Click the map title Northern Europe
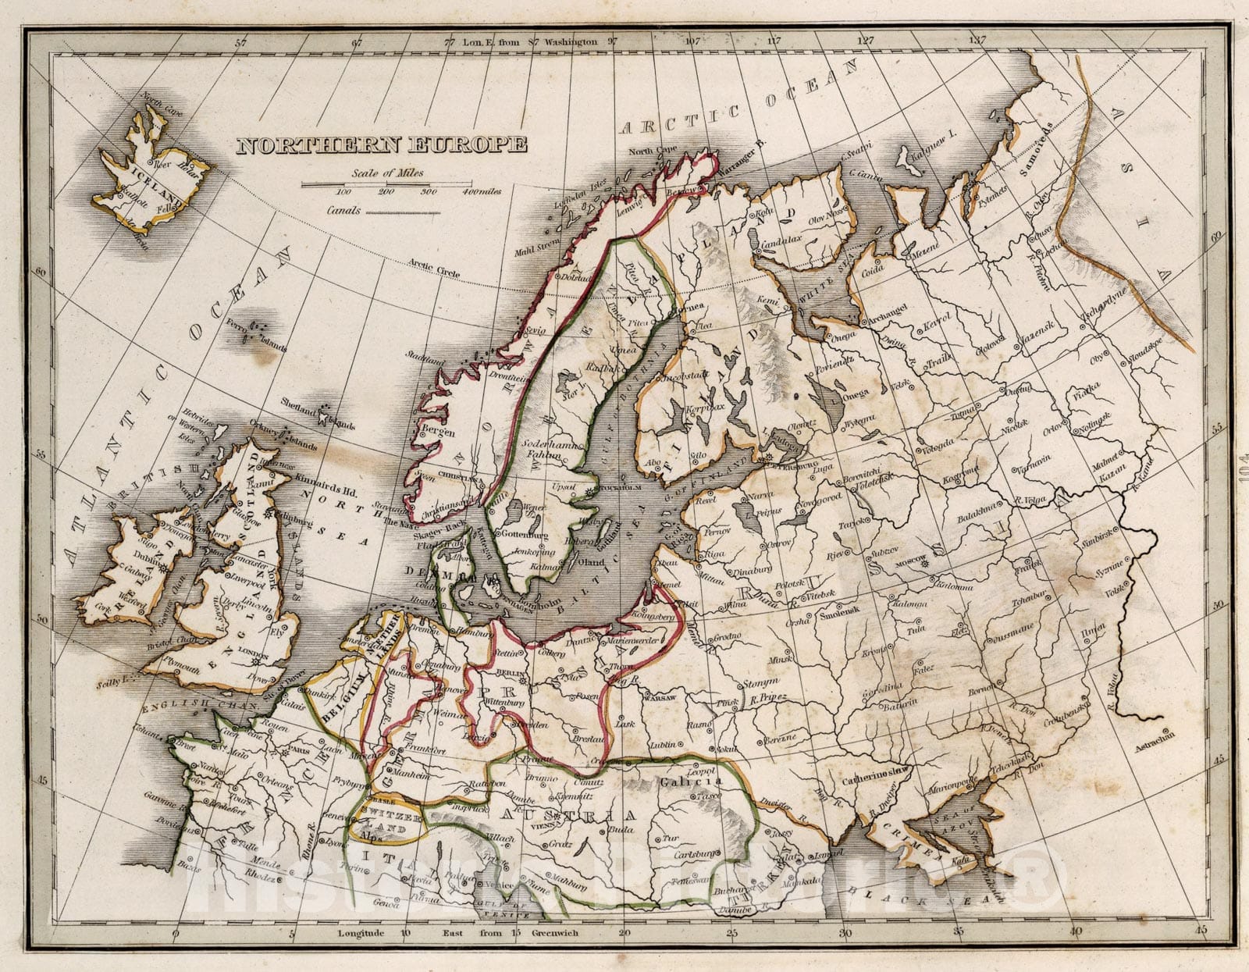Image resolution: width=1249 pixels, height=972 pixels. click(x=382, y=145)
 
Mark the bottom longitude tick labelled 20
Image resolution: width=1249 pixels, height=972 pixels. click(x=623, y=933)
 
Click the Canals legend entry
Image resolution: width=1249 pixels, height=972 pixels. click(x=343, y=211)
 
